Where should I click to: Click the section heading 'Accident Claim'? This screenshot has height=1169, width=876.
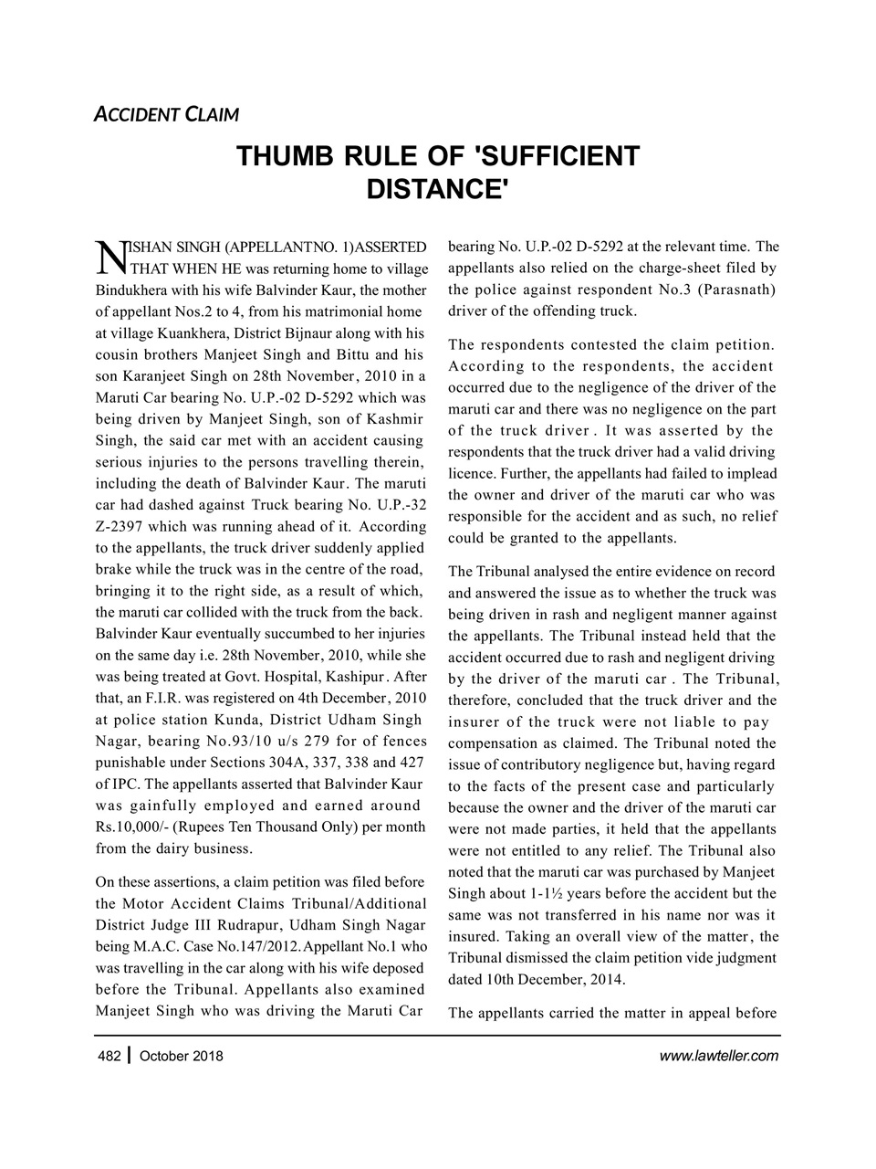tap(167, 115)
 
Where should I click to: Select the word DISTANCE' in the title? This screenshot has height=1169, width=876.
tap(437, 190)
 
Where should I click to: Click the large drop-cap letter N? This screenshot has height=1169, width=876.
tap(109, 258)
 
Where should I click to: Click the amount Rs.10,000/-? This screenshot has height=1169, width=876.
tap(131, 827)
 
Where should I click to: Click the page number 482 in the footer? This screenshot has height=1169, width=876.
tap(109, 1057)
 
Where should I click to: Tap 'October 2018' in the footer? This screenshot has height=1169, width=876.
tap(182, 1057)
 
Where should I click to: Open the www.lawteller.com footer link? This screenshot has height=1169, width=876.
tap(718, 1057)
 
